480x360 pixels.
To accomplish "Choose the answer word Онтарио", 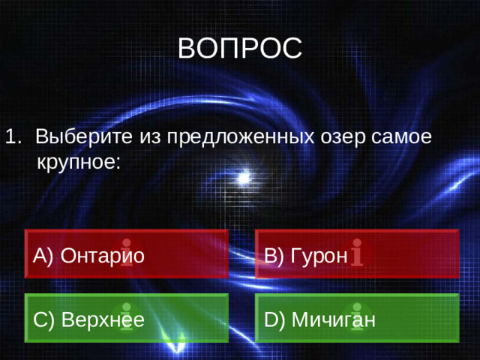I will [x=102, y=256].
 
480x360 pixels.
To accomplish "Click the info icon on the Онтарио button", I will [x=127, y=252].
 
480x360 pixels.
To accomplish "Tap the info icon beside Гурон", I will [x=358, y=252].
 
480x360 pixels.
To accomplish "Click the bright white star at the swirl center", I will [x=242, y=178].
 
